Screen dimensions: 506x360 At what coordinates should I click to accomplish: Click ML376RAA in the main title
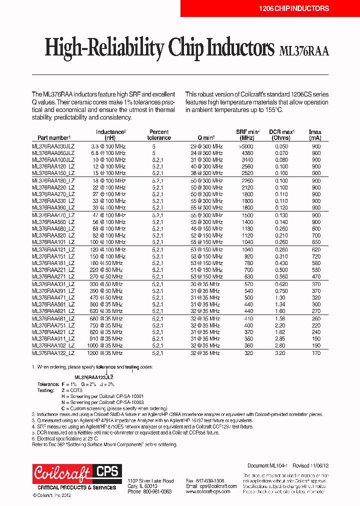(x=304, y=50)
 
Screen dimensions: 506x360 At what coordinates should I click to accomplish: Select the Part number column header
(x=51, y=137)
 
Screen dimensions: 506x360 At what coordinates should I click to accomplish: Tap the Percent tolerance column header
(x=159, y=135)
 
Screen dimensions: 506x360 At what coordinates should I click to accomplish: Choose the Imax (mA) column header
(x=315, y=135)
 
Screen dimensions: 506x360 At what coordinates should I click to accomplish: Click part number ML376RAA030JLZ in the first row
(x=53, y=146)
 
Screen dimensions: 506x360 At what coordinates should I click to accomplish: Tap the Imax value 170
(x=315, y=353)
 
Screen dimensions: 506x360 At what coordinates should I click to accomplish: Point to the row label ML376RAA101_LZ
(x=53, y=241)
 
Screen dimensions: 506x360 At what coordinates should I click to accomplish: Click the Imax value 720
(x=315, y=256)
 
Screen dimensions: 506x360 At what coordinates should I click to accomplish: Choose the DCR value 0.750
(x=281, y=290)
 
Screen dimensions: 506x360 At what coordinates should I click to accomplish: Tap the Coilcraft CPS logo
(x=75, y=473)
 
